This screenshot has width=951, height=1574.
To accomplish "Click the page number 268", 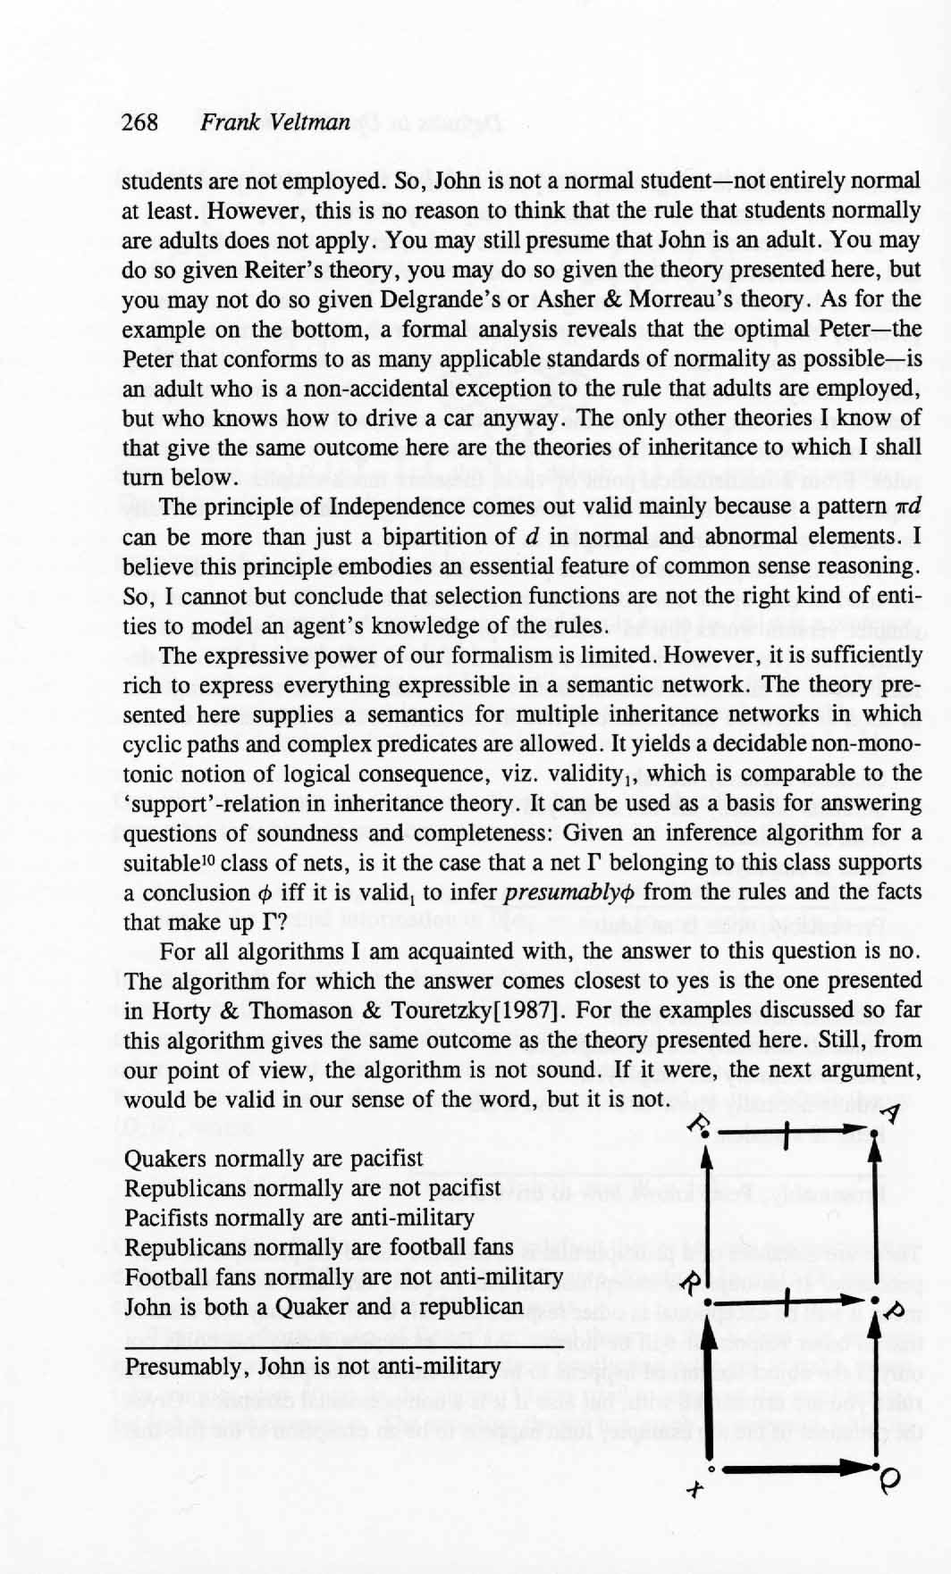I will coord(139,122).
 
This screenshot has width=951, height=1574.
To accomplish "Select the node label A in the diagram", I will coord(891,1114).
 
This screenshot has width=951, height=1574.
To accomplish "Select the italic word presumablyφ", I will coord(568,892).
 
